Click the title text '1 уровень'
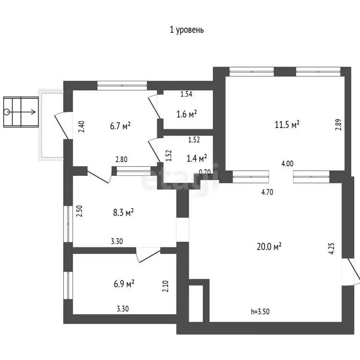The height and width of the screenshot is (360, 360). tap(186, 30)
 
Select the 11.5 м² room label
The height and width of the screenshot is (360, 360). tap(287, 125)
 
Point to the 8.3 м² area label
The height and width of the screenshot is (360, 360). tap(123, 212)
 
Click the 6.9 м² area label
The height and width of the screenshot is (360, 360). tap(124, 283)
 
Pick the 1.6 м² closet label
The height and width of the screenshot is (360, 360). tap(186, 113)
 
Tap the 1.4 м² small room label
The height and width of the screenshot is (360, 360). tap(197, 158)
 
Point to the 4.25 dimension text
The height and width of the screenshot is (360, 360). tap(332, 247)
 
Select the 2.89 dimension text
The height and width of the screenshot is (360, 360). tap(338, 125)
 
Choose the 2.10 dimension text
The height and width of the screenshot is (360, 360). tap(165, 286)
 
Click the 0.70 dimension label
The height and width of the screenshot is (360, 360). tap(204, 172)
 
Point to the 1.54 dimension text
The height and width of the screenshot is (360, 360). tap(187, 94)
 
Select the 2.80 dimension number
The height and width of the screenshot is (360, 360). tap(121, 159)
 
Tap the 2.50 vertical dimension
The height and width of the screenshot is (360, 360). tap(80, 211)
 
